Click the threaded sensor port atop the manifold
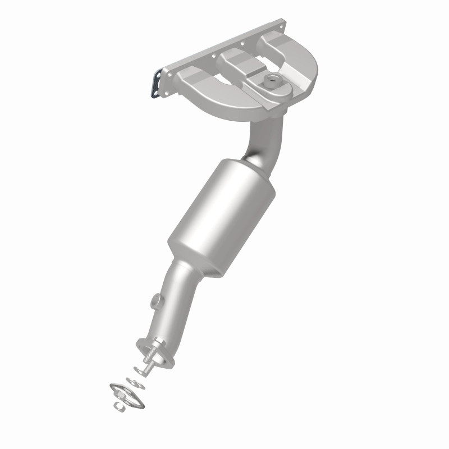click(x=273, y=80)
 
